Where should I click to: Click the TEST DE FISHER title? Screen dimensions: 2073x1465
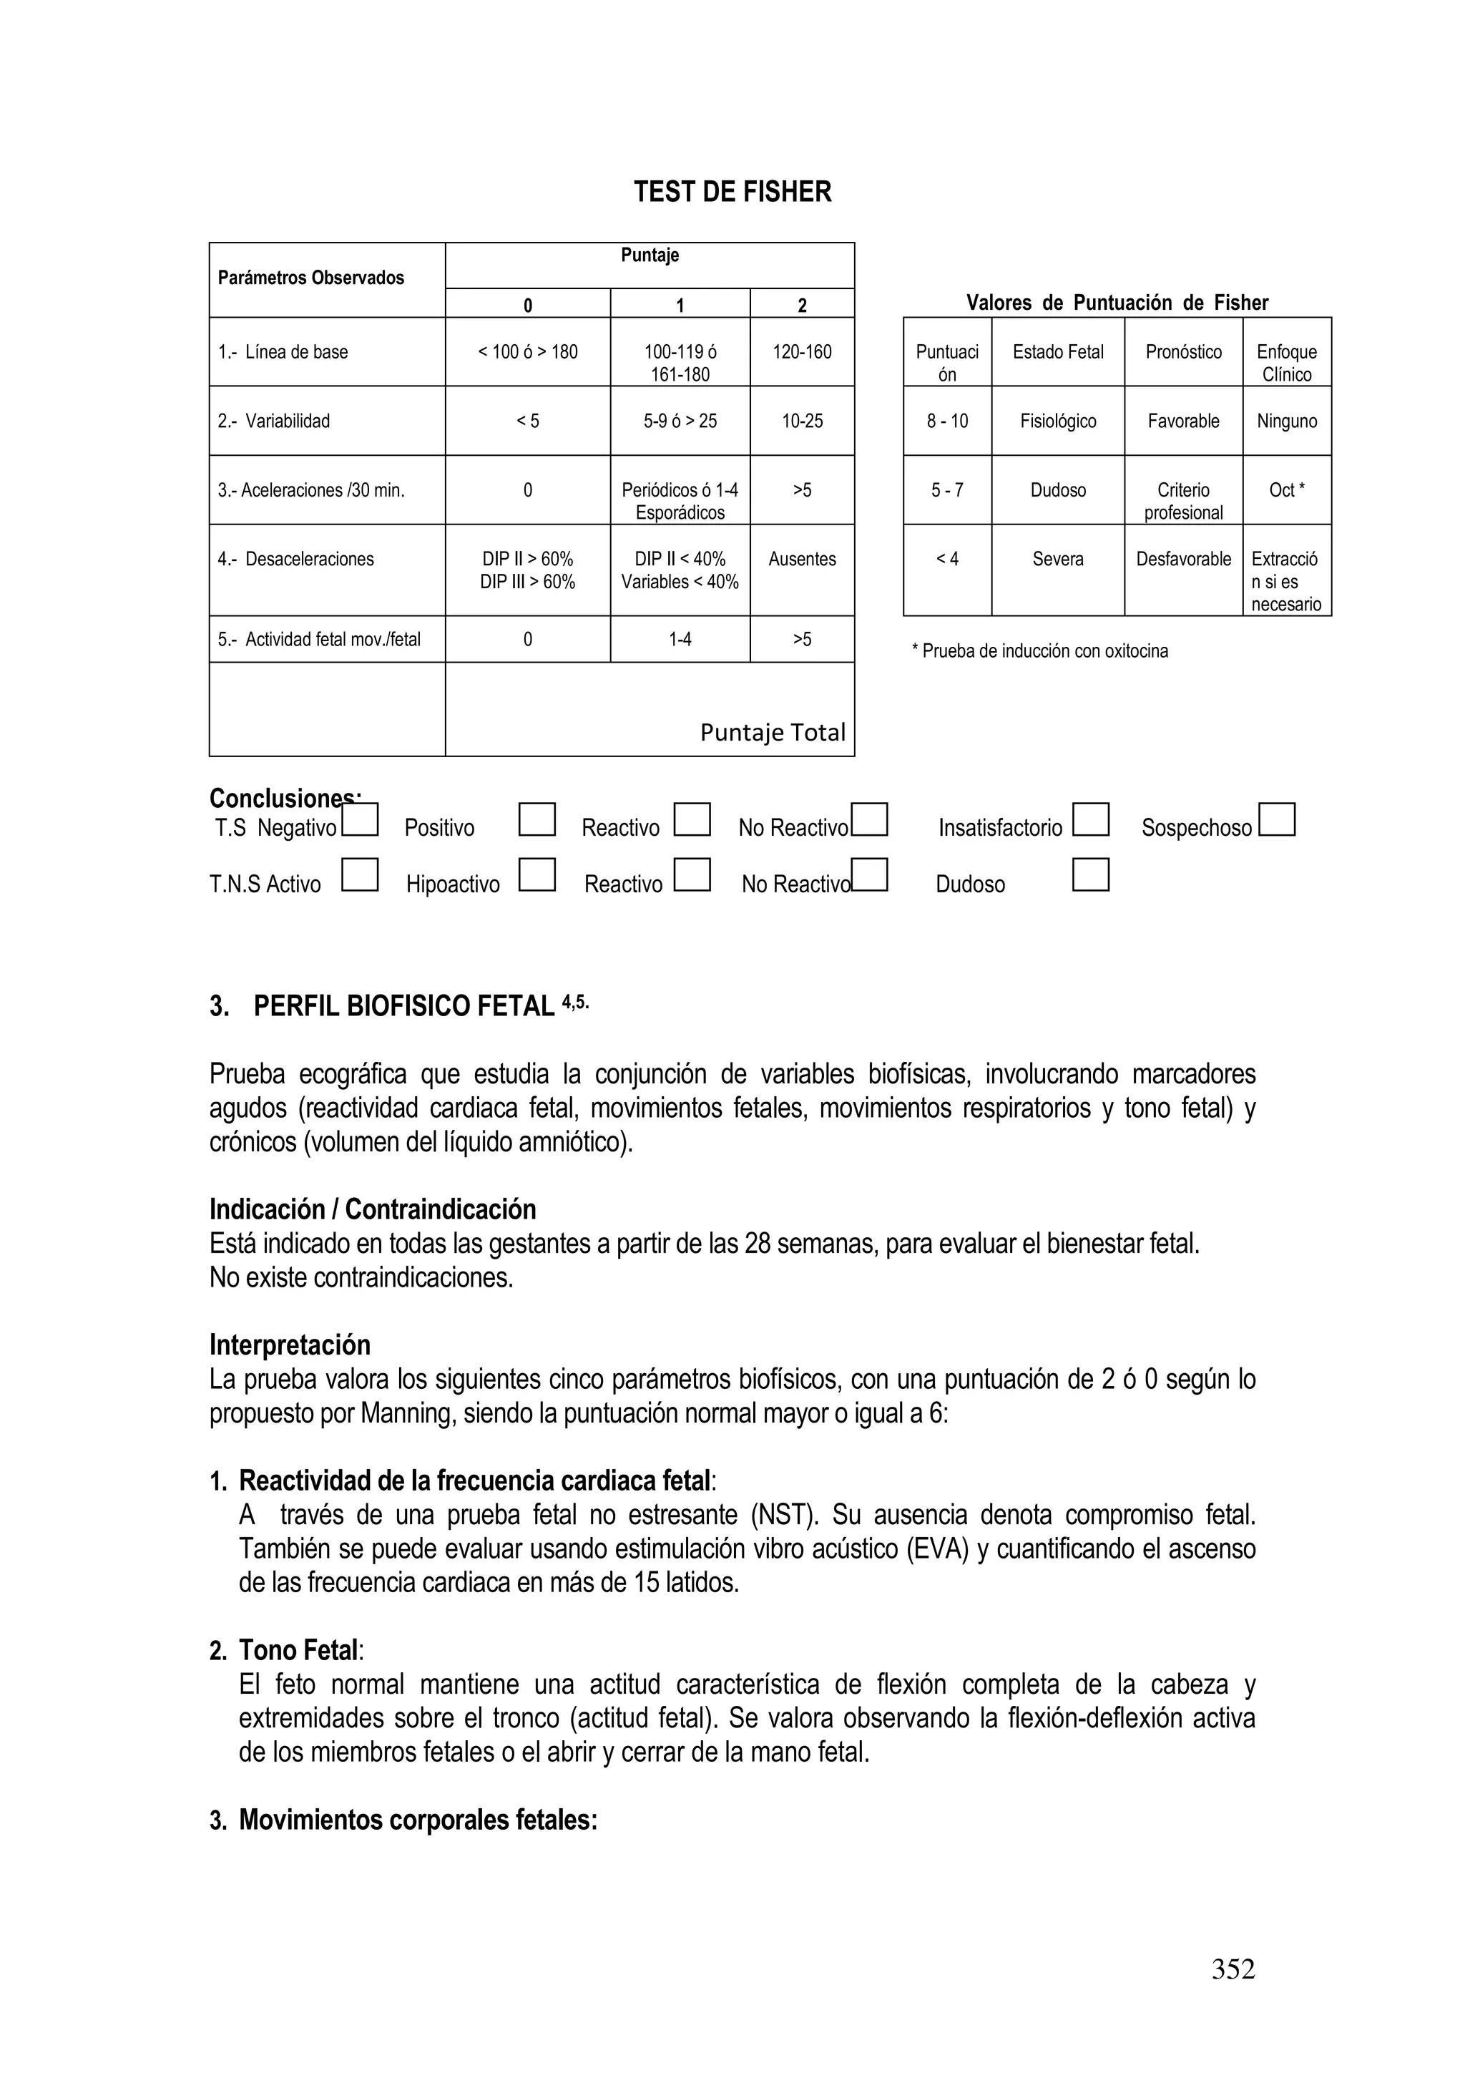pyautogui.click(x=732, y=192)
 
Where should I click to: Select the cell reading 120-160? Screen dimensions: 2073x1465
pyautogui.click(x=802, y=352)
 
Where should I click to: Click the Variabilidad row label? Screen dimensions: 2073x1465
pyautogui.click(x=275, y=421)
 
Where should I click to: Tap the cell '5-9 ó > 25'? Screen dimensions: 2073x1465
pyautogui.click(x=680, y=421)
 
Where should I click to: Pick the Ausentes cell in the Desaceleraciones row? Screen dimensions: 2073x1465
pyautogui.click(x=802, y=559)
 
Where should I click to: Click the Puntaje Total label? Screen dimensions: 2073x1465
pyautogui.click(x=773, y=732)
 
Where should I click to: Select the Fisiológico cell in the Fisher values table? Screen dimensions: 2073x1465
pyautogui.click(x=1058, y=421)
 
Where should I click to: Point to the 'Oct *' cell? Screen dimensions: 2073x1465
pyautogui.click(x=1286, y=490)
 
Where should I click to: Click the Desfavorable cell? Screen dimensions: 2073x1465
pyautogui.click(x=1182, y=559)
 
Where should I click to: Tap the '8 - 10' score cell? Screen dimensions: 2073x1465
pyautogui.click(x=947, y=421)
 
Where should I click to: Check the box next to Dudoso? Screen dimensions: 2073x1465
pyautogui.click(x=1090, y=875)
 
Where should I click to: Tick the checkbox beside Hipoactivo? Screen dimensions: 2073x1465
pyautogui.click(x=537, y=875)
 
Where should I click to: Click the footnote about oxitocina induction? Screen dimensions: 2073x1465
pyautogui.click(x=1040, y=651)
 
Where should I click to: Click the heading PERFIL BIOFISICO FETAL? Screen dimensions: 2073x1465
pyautogui.click(x=403, y=1006)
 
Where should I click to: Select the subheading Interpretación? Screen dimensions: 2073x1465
pyautogui.click(x=290, y=1345)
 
